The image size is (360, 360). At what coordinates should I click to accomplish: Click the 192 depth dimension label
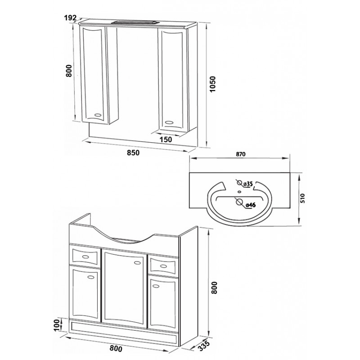(70, 18)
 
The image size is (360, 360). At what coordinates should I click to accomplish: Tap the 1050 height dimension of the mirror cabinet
(213, 84)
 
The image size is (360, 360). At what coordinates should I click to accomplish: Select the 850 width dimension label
(133, 153)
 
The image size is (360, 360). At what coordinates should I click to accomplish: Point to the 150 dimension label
(166, 139)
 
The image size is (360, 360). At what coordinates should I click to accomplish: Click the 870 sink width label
(240, 154)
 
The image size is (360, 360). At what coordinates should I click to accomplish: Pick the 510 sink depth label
(303, 198)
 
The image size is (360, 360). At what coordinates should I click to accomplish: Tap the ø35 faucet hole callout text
(248, 184)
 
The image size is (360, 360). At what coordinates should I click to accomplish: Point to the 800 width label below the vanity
(116, 348)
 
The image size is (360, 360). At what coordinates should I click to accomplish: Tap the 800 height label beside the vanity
(214, 288)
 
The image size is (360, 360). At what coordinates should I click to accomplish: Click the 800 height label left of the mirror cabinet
(69, 71)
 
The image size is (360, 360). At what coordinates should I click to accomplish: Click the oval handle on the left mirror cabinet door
(99, 115)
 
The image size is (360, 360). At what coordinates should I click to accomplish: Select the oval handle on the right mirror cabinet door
(170, 122)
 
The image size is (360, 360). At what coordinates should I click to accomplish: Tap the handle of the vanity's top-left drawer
(85, 256)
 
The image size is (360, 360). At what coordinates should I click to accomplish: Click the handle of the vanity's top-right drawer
(163, 266)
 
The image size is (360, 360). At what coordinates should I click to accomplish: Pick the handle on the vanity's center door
(138, 262)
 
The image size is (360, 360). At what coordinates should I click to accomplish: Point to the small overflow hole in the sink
(239, 191)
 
